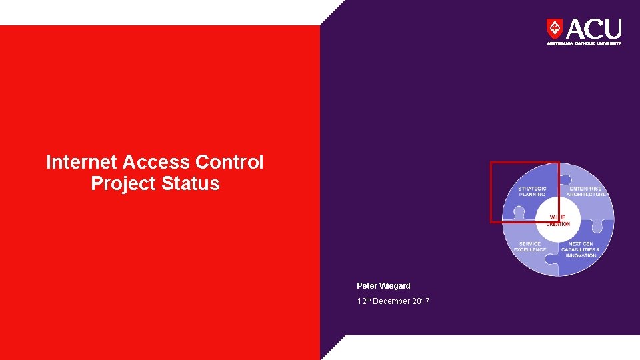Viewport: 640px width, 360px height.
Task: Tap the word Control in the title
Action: tap(230, 162)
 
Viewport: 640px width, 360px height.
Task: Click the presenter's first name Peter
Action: tap(366, 286)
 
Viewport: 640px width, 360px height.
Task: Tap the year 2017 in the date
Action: tap(420, 301)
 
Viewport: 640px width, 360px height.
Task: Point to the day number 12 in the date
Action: tap(361, 301)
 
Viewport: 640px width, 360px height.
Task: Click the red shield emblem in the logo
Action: tap(554, 29)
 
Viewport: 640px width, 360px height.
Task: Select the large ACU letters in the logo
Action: tap(593, 29)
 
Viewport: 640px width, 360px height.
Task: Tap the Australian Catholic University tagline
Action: tap(584, 43)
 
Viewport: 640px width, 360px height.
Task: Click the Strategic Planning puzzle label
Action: tap(532, 191)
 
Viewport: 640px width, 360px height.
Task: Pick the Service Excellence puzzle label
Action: tap(530, 247)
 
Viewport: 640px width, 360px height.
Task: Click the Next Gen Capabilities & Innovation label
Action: tap(580, 250)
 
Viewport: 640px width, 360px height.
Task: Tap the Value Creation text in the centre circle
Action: tap(558, 221)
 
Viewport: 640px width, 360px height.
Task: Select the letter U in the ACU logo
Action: tap(613, 29)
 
